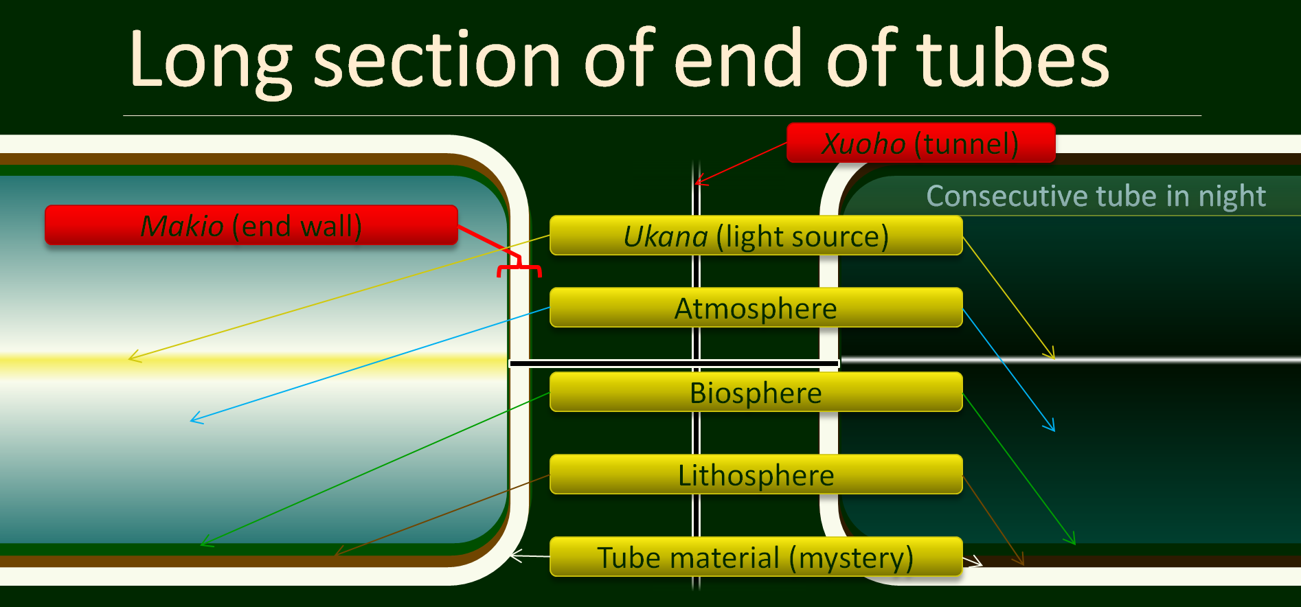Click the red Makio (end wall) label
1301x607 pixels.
point(251,225)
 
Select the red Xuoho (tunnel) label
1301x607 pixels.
point(920,143)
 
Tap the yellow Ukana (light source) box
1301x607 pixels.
point(756,236)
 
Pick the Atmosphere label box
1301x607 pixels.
point(756,308)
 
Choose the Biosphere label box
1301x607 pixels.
point(756,392)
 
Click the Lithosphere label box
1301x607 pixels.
point(756,474)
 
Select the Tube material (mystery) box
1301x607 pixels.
point(756,557)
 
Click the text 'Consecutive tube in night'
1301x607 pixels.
point(1096,196)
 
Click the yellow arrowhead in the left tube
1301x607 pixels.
point(135,356)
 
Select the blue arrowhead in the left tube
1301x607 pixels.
point(196,417)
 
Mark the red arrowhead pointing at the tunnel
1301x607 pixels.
point(700,181)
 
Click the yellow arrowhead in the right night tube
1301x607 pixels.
point(1050,353)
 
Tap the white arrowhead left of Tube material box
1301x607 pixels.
point(517,555)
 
